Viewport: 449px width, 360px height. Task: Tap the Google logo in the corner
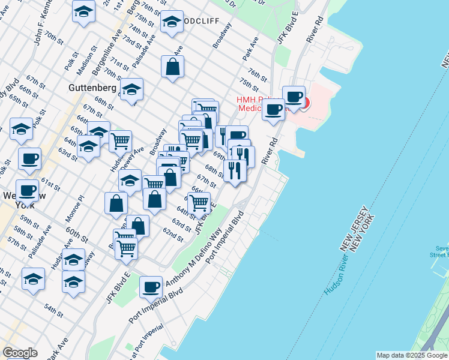(x=20, y=353)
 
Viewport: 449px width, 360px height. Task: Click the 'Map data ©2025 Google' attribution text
(x=412, y=355)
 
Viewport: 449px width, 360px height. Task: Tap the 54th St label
(x=53, y=310)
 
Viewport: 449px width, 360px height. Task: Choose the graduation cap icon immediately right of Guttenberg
(x=131, y=90)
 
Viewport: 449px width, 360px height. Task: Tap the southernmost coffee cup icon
(x=151, y=287)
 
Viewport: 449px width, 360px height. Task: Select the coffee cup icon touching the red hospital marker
(x=294, y=97)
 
